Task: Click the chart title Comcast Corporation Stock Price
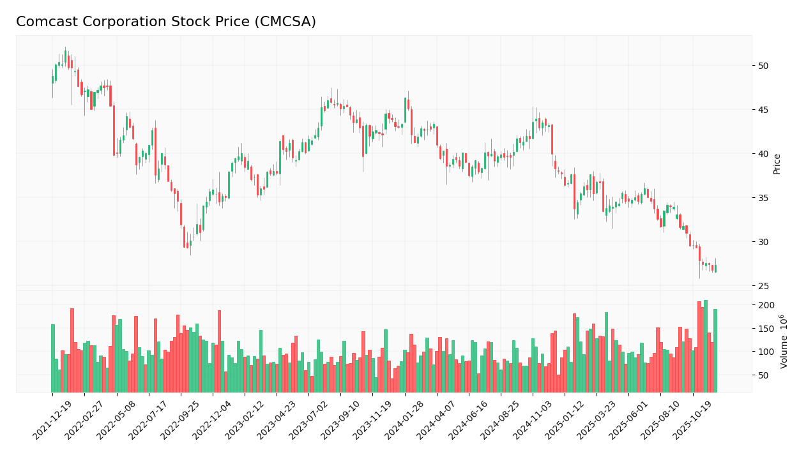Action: pos(166,22)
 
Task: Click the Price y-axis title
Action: pos(777,163)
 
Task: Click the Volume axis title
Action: pos(783,341)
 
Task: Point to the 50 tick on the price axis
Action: pos(763,66)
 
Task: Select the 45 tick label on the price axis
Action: pos(763,110)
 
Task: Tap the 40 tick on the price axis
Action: pos(763,154)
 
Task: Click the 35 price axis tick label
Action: pos(763,198)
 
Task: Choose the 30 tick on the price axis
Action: pos(763,242)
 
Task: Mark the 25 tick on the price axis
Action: pos(763,286)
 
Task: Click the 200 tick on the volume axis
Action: pos(766,305)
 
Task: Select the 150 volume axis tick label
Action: pos(766,329)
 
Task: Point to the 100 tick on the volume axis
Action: pos(766,352)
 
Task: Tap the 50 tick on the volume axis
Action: pos(763,375)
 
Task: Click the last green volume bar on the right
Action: pos(715,351)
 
